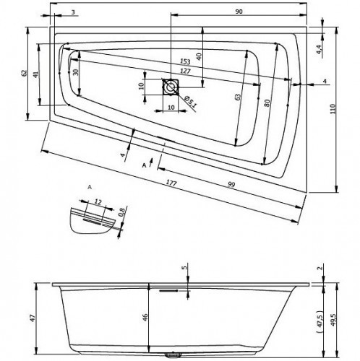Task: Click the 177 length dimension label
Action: tap(171, 183)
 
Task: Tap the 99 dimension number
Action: tap(231, 185)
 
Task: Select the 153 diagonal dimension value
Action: tap(185, 61)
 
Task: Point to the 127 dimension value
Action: tap(185, 71)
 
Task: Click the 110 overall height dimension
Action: tap(333, 108)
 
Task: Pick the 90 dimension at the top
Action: tap(239, 12)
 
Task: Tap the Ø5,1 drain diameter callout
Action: tap(190, 101)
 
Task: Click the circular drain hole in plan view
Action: tap(171, 87)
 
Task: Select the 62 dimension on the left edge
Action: tap(23, 73)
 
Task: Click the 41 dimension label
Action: tap(35, 74)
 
